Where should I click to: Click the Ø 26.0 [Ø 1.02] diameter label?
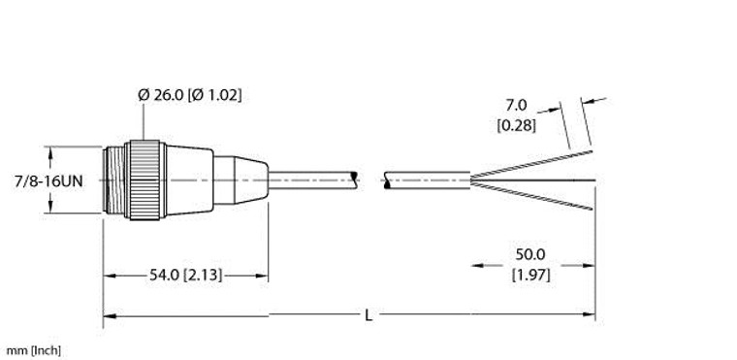coord(190,95)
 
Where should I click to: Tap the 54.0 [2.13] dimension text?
coord(184,276)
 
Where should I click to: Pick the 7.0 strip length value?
coord(515,105)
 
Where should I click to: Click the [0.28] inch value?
coord(515,123)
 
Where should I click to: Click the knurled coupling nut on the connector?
coord(147,180)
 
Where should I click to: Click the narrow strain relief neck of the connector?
coord(240,180)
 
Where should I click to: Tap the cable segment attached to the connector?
coord(310,180)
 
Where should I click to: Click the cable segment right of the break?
coord(427,180)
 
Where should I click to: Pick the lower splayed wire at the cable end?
coord(533,196)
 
